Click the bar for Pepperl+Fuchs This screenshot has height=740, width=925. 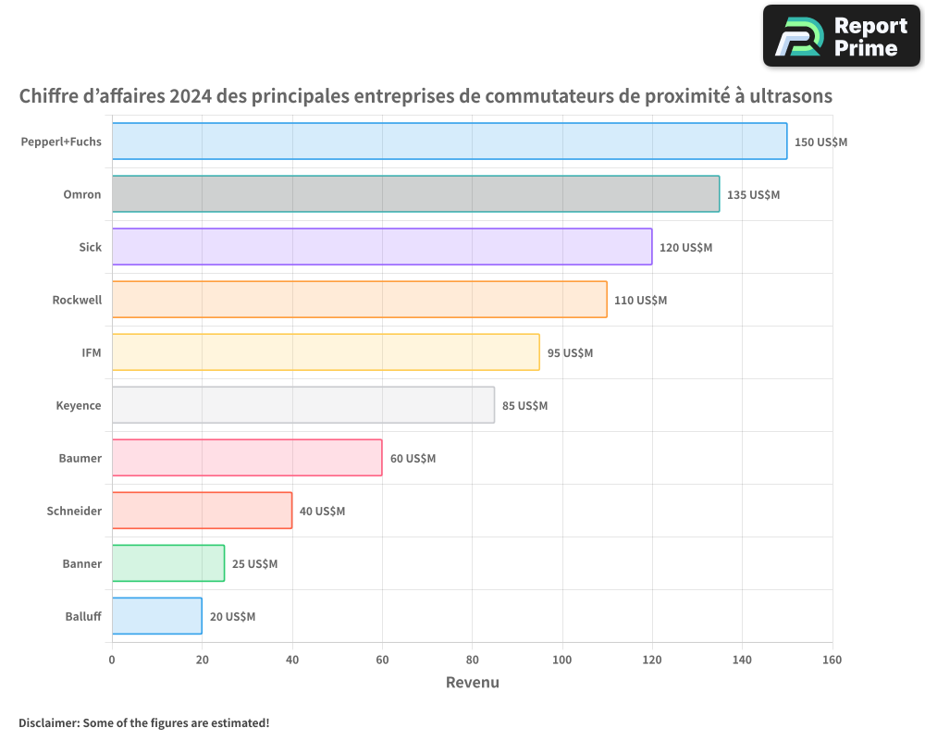pyautogui.click(x=450, y=142)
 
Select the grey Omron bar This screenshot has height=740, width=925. pyautogui.click(x=415, y=194)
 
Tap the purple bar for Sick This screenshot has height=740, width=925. pyautogui.click(x=382, y=247)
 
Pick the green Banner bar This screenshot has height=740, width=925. pyautogui.click(x=168, y=563)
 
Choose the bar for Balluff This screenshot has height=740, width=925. pyautogui.click(x=157, y=616)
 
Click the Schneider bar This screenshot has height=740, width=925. pyautogui.click(x=202, y=511)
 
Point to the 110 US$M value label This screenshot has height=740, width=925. pyautogui.click(x=640, y=300)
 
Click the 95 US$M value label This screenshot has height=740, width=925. pyautogui.click(x=570, y=352)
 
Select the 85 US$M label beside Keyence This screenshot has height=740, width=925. pyautogui.click(x=524, y=405)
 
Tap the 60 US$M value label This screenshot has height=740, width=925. pyautogui.click(x=413, y=458)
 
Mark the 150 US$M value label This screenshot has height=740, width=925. pyautogui.click(x=820, y=142)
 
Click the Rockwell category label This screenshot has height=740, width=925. pyautogui.click(x=77, y=300)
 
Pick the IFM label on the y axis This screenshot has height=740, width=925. pyautogui.click(x=91, y=352)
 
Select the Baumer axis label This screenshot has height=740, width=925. pyautogui.click(x=80, y=458)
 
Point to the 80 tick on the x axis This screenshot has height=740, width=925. pyautogui.click(x=472, y=660)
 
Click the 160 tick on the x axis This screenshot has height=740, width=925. pyautogui.click(x=832, y=660)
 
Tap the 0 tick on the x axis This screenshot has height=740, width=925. pyautogui.click(x=112, y=660)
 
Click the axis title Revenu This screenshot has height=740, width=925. pyautogui.click(x=472, y=683)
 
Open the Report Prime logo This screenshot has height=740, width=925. pyautogui.click(x=841, y=36)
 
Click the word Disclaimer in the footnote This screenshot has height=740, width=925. pyautogui.click(x=48, y=722)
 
